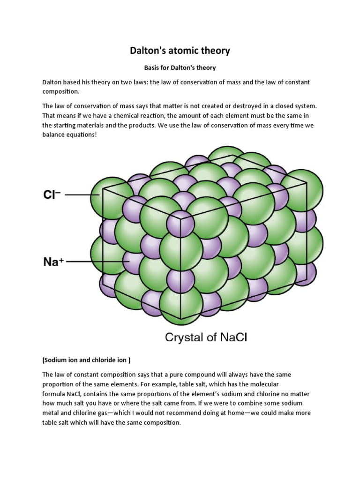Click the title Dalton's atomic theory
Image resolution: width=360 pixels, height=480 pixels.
(x=180, y=50)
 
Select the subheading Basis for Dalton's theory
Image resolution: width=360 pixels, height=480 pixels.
(x=180, y=67)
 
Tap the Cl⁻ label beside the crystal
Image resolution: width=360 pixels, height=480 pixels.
(x=52, y=195)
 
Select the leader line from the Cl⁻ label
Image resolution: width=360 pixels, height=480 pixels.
(x=79, y=195)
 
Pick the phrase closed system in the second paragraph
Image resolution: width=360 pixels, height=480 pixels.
(x=290, y=106)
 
